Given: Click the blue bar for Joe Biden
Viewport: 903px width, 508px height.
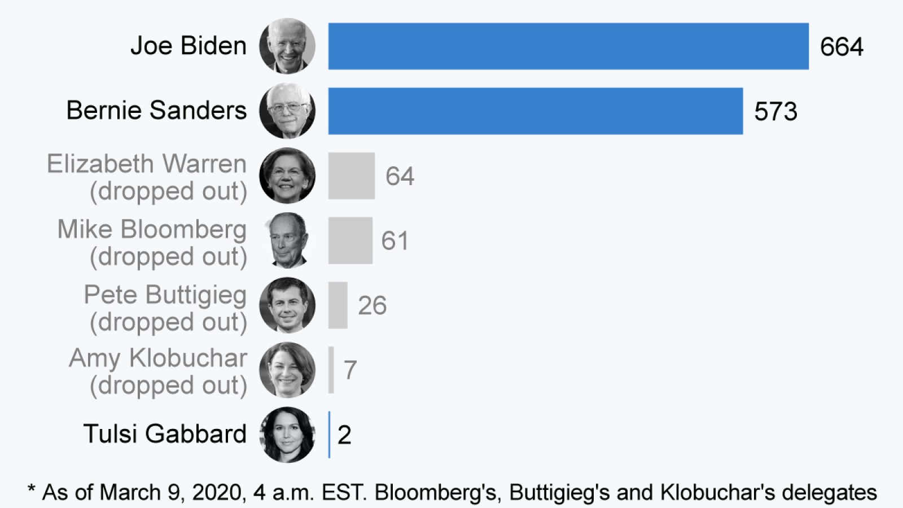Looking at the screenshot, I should [x=568, y=46].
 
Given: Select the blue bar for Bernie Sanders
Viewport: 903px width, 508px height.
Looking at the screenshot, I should [x=535, y=111].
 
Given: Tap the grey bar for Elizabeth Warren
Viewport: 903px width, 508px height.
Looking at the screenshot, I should [x=351, y=176].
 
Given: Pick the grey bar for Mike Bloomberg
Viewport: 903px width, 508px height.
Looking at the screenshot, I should [x=350, y=240].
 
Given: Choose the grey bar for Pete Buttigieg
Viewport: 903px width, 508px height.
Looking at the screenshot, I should [x=337, y=305].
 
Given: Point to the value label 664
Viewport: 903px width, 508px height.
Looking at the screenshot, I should [x=841, y=47].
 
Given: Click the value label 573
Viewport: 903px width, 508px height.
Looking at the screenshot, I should [x=775, y=112].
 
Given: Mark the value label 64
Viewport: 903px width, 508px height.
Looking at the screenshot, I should [x=400, y=176].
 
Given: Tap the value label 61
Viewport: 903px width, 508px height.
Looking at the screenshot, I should [x=394, y=241].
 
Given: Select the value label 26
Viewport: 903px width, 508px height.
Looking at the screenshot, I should [x=372, y=306].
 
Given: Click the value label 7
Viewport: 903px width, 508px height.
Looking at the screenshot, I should [x=350, y=370].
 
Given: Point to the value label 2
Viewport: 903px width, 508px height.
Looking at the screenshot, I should [x=344, y=435].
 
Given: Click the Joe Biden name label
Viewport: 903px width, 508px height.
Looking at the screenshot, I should [x=189, y=46].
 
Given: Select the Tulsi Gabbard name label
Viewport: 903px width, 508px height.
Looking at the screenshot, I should [x=165, y=434].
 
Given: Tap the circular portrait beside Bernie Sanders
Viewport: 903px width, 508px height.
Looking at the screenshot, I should [x=287, y=111].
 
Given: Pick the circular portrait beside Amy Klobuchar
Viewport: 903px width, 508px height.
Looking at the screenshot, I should [x=287, y=370].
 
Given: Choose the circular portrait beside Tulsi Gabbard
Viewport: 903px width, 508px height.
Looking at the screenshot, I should [x=287, y=435].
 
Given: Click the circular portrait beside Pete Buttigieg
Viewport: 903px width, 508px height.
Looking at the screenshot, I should [x=287, y=305].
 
